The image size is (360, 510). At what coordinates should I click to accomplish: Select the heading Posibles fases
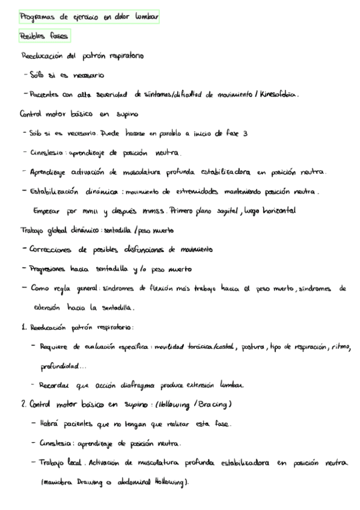(x=44, y=36)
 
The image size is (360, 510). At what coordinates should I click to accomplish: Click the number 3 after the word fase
(x=246, y=134)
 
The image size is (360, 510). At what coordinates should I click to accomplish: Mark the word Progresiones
(x=56, y=268)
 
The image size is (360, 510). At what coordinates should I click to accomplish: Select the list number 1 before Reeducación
(x=22, y=327)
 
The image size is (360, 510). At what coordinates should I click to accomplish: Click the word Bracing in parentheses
(x=213, y=404)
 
